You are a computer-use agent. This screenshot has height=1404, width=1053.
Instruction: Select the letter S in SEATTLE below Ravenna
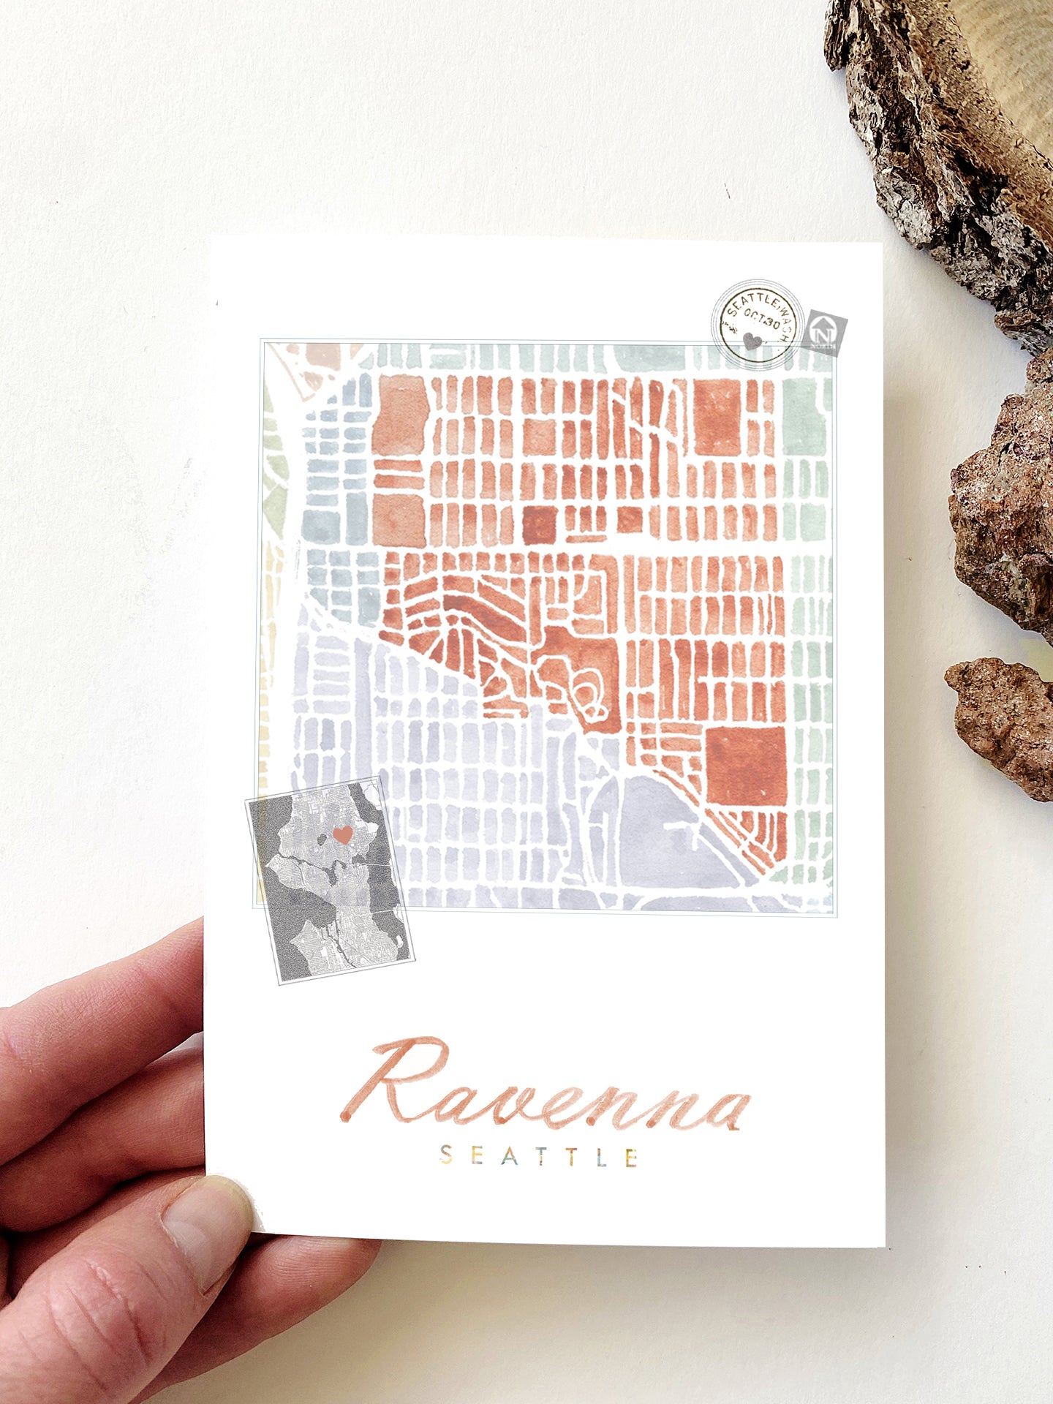(445, 1155)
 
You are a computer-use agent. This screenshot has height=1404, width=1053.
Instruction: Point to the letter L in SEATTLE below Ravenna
(601, 1156)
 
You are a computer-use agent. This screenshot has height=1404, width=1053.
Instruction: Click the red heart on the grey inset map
(342, 834)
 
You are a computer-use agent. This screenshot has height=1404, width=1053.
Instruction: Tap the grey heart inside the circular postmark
(752, 341)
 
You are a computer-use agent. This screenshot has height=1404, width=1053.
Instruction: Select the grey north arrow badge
(825, 334)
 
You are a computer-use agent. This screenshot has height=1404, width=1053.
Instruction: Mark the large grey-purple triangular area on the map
(658, 834)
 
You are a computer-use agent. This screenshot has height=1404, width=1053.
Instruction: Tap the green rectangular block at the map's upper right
(804, 418)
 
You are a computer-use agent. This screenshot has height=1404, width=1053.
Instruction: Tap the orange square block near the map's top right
(717, 418)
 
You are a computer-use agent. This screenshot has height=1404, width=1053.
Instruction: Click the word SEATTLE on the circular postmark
(753, 303)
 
